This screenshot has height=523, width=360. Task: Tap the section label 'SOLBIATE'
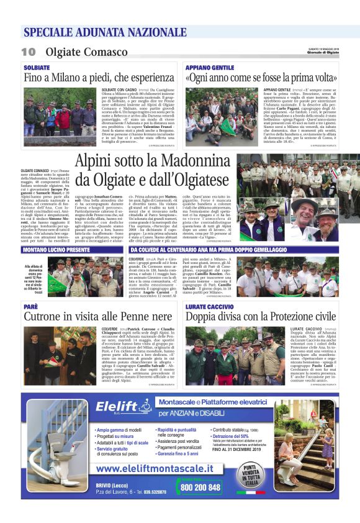[x=37, y=66]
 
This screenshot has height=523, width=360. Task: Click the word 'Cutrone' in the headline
[x=47, y=318]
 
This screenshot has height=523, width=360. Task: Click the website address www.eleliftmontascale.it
[x=164, y=468]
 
